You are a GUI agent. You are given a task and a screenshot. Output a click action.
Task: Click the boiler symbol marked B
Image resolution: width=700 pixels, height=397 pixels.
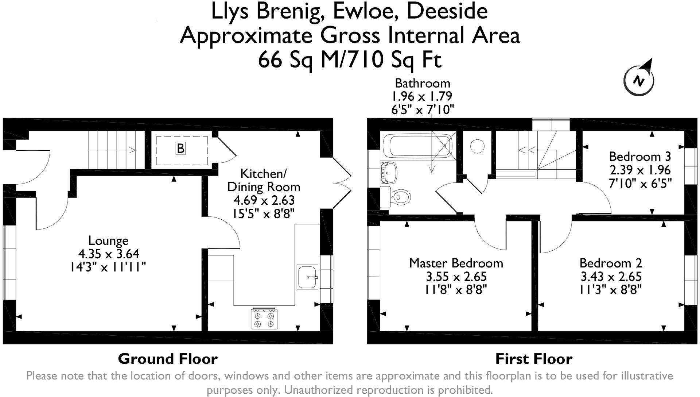coord(180,149)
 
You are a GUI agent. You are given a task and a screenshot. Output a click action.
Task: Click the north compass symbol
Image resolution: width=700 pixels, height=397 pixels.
coord(639,79)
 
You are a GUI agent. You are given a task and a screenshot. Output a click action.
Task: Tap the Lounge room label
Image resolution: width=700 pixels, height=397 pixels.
coord(108,240)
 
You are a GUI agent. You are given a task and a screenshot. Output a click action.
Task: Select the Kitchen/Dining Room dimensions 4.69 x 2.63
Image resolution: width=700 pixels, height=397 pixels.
coord(264,200)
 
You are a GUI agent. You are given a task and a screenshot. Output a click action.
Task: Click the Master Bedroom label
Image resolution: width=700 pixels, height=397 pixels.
coord(456,263)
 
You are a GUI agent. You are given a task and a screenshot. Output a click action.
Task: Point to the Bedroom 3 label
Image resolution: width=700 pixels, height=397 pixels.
coord(639,157)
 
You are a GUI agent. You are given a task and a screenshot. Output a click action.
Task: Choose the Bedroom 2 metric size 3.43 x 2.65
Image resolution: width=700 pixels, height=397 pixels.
coord(611,276)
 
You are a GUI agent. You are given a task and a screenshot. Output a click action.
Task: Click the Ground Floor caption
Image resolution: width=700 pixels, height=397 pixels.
coord(168,359)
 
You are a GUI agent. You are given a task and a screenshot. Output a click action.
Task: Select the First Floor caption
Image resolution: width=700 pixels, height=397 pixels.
coord(533,359)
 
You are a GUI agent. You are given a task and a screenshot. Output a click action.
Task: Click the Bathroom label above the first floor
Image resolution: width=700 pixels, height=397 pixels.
coord(422,83)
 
